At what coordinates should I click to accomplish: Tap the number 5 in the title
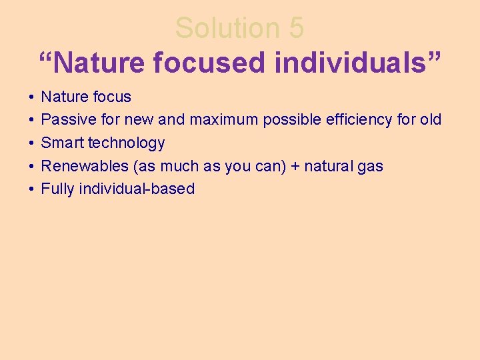[297, 28]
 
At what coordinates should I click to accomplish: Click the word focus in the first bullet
[112, 97]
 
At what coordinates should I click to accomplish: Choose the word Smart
[60, 143]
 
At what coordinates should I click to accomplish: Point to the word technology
[124, 143]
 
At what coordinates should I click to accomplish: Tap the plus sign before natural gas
[295, 166]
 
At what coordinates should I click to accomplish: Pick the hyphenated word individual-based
[137, 189]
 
